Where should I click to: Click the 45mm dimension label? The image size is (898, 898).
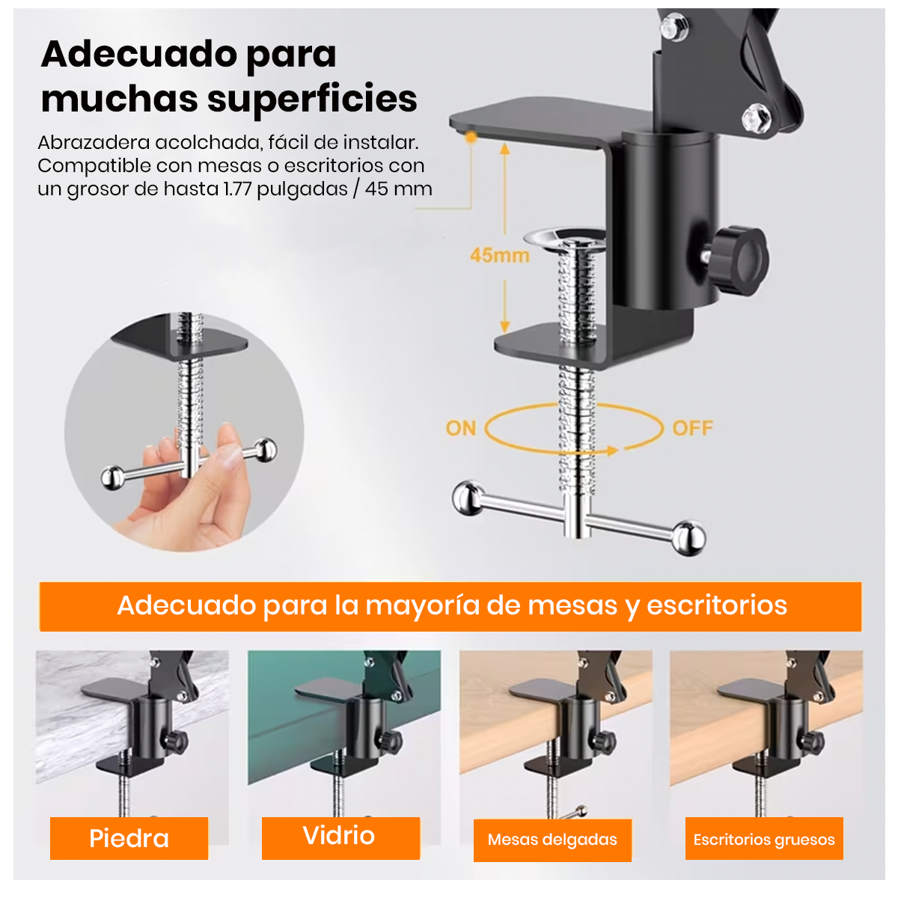tap(499, 255)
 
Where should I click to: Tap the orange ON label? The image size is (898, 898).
tap(460, 428)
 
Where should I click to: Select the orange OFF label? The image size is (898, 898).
tap(692, 428)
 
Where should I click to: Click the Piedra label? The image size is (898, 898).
tap(129, 838)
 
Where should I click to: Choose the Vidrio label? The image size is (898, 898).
tap(339, 834)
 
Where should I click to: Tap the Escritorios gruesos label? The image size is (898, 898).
tap(763, 840)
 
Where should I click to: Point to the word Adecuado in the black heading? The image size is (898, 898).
tap(139, 54)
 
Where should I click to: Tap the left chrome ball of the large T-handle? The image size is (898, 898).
tap(468, 498)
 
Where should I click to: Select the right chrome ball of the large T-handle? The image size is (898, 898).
tap(688, 538)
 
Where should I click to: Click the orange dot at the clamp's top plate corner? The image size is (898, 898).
tap(471, 138)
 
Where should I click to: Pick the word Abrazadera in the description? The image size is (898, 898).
tap(94, 143)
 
